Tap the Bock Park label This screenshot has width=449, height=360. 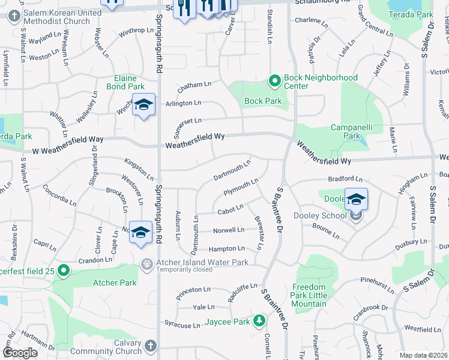[x=263, y=101]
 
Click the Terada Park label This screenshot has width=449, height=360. [x=410, y=14]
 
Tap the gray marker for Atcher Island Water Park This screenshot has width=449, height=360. [x=146, y=263]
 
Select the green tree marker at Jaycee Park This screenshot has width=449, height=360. [x=259, y=322]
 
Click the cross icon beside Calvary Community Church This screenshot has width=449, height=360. [x=150, y=347]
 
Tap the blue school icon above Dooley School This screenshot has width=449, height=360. [x=356, y=199]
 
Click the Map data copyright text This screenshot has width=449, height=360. [x=423, y=355]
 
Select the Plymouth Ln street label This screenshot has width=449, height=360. [x=240, y=186]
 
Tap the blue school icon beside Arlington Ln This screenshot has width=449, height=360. [x=143, y=106]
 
